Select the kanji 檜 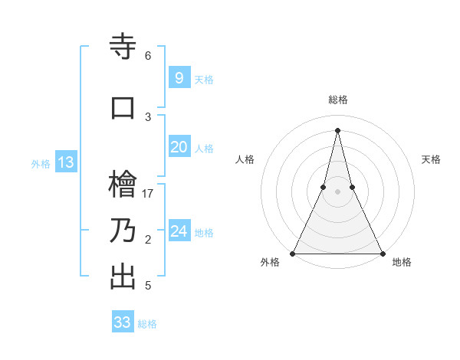pyautogui.click(x=123, y=185)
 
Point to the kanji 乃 pyautogui.click(x=123, y=231)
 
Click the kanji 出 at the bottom pyautogui.click(x=123, y=277)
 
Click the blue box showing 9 pyautogui.click(x=179, y=77)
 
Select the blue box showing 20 pyautogui.click(x=179, y=147)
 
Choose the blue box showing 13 pyautogui.click(x=65, y=162)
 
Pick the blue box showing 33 pyautogui.click(x=123, y=322)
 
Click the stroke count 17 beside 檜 pyautogui.click(x=148, y=193)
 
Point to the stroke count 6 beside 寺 pyautogui.click(x=148, y=56)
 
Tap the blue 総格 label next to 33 pyautogui.click(x=147, y=324)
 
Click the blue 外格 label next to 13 pyautogui.click(x=40, y=163)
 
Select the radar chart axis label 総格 pyautogui.click(x=337, y=100)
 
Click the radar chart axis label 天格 pyautogui.click(x=431, y=159)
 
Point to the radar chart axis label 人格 pyautogui.click(x=245, y=159)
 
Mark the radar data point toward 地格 pyautogui.click(x=382, y=253)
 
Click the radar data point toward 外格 pyautogui.click(x=293, y=253)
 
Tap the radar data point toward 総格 pyautogui.click(x=337, y=130)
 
